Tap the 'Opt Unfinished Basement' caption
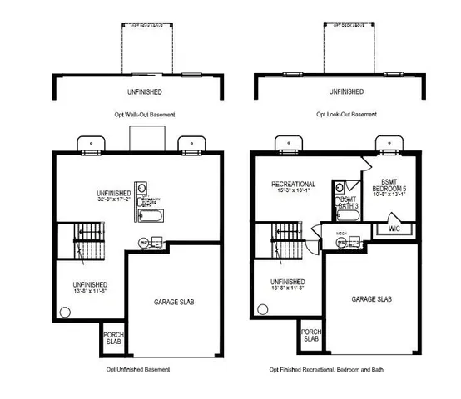click(x=138, y=368)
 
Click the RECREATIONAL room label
click(x=293, y=184)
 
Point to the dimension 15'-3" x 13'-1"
click(x=293, y=191)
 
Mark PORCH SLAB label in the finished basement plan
click(x=310, y=335)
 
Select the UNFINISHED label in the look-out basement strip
click(x=346, y=91)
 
